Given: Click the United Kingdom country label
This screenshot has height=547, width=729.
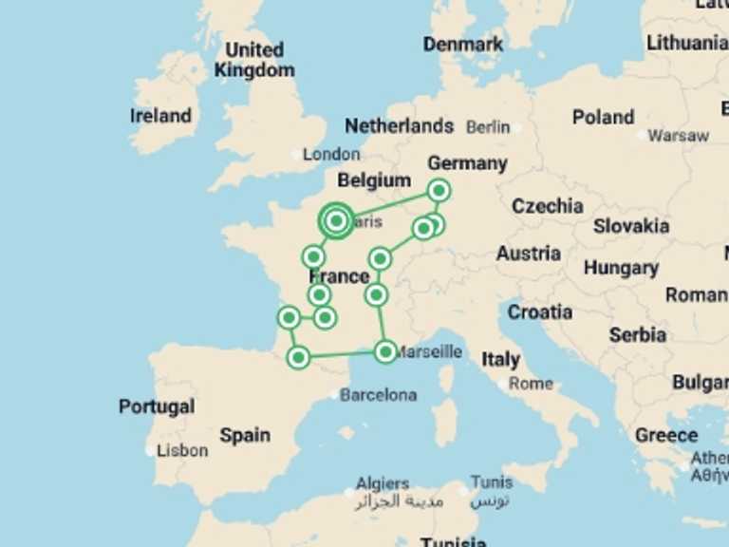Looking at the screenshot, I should (253, 59).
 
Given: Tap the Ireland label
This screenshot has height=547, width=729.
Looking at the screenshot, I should (160, 116).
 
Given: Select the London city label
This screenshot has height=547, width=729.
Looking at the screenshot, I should (331, 154).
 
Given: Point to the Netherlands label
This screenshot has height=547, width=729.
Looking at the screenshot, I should (399, 125).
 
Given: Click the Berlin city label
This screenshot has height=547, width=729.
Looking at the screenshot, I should (488, 126).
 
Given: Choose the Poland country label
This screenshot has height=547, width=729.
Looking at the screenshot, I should (603, 118).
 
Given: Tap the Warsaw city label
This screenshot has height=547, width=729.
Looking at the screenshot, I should (678, 136).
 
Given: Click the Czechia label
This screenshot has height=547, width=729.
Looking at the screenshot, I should (548, 206).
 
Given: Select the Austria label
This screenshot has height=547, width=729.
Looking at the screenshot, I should (528, 254).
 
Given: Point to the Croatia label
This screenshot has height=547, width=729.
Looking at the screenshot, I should (539, 312).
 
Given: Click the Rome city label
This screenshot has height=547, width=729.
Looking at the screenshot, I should (531, 384).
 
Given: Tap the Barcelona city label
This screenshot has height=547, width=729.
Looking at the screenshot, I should (378, 394).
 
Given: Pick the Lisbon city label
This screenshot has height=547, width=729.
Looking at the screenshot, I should (182, 450).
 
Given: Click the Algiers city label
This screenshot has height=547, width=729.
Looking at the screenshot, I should (383, 483).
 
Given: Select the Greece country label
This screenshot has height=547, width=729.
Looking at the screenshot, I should (666, 435).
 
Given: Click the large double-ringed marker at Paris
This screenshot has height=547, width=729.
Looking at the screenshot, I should (336, 221).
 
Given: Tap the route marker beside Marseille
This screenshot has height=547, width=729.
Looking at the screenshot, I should (384, 352).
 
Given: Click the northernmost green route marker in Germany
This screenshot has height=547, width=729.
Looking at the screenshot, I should (439, 191).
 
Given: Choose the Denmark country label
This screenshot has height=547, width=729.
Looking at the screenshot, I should (462, 45).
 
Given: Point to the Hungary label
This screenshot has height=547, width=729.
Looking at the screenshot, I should (621, 268).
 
